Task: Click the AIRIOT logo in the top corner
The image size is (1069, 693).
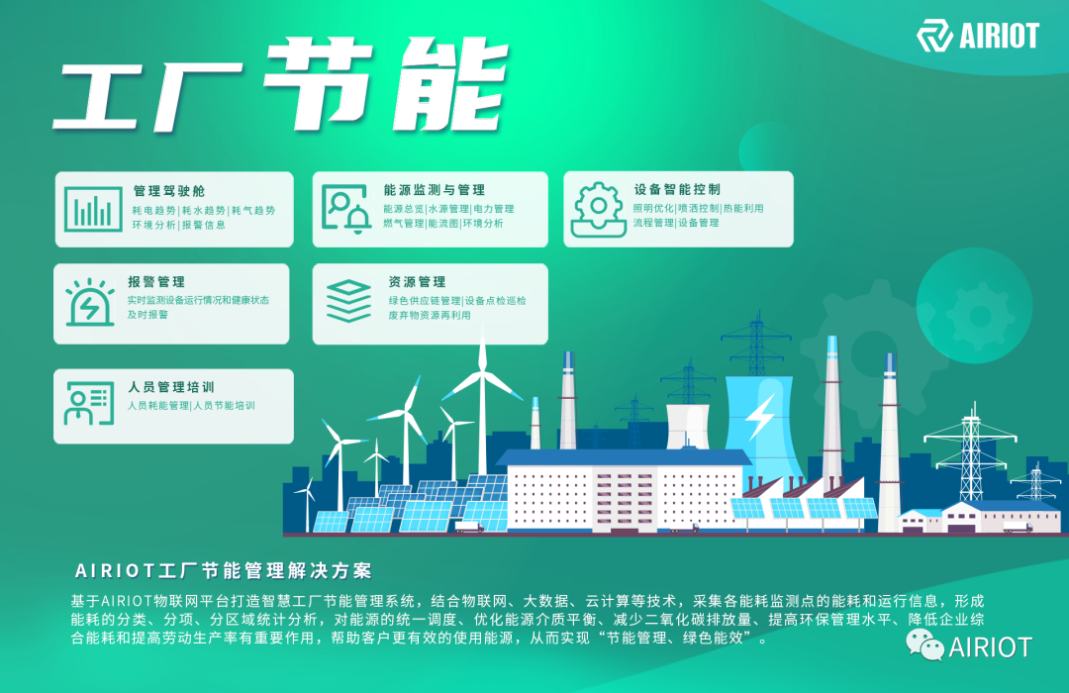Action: [x=977, y=37]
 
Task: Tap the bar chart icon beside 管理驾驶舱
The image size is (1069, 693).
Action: [x=94, y=209]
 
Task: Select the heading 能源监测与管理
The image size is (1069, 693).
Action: [x=434, y=190]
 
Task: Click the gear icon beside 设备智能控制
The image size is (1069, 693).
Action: [x=598, y=208]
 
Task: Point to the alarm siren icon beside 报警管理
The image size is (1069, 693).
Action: [x=90, y=302]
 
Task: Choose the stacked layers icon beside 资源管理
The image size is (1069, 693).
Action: [x=348, y=300]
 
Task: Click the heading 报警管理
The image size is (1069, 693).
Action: [x=156, y=282]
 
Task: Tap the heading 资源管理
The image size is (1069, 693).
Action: [x=417, y=282]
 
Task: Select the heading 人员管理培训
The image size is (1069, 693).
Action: [x=171, y=387]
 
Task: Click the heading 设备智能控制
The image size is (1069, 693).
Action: [x=677, y=190]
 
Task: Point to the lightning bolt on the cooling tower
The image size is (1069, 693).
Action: [x=760, y=417]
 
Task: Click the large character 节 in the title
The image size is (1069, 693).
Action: [x=317, y=81]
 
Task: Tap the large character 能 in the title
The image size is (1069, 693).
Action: [x=440, y=81]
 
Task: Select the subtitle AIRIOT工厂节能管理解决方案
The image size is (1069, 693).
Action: [x=224, y=571]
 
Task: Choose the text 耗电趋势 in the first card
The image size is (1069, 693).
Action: [x=153, y=210]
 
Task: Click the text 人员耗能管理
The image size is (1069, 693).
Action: [x=157, y=405]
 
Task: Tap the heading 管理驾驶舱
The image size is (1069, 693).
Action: [x=169, y=190]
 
